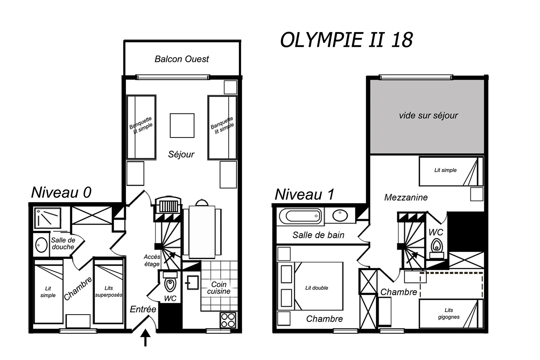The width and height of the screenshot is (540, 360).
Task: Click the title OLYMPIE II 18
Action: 346,40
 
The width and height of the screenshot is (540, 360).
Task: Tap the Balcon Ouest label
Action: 182,59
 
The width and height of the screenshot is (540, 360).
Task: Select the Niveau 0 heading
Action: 61,192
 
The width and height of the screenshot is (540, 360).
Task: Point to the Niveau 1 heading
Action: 305,194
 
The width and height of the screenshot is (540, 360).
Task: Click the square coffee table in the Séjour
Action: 182,126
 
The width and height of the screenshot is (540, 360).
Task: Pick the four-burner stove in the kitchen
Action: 228,320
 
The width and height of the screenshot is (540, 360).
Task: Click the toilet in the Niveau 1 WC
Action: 437,248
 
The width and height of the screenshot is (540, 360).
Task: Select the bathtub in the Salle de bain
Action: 301,216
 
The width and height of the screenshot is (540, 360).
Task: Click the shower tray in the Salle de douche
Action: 48,218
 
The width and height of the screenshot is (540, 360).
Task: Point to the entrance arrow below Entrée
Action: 145,338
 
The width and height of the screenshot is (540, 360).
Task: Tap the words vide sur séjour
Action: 428,116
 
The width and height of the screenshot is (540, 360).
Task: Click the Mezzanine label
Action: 406,198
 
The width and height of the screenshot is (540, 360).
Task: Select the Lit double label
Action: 316,288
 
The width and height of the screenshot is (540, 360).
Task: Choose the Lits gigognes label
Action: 449,314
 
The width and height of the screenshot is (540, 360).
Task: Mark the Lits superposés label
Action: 109,292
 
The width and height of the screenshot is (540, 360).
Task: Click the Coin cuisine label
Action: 219,288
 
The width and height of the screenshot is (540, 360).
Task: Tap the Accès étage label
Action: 152,260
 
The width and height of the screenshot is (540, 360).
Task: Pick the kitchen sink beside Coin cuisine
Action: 192,283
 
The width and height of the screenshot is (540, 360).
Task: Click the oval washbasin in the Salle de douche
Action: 41,245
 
